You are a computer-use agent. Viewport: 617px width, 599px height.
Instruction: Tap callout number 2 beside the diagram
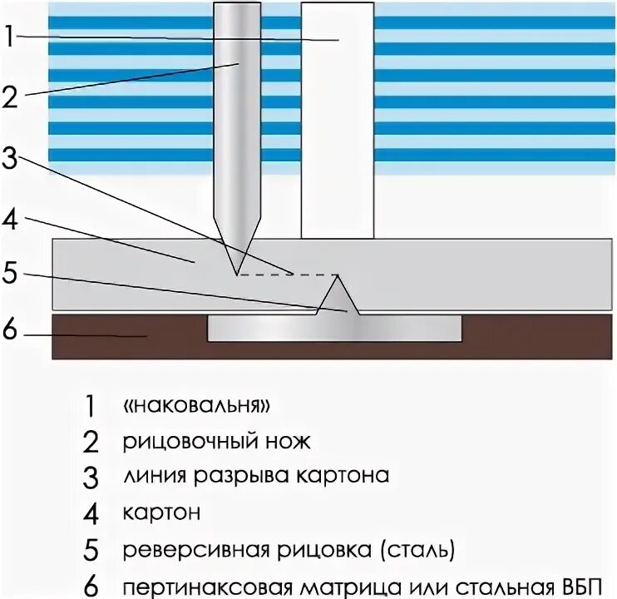pos(10,97)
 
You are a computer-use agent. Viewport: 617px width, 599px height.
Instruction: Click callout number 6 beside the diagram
pos(10,330)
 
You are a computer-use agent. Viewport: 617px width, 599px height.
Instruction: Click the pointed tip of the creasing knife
pos(237,273)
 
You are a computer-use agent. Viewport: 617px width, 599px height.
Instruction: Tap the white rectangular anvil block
pos(337,125)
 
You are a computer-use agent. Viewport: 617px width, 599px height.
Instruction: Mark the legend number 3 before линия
pos(91,477)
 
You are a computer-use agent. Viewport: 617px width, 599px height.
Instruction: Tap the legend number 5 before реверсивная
pos(91,550)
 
